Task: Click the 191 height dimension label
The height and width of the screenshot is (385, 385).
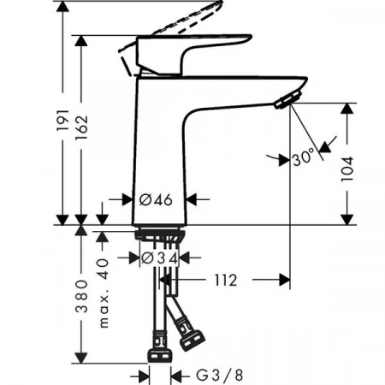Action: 62,120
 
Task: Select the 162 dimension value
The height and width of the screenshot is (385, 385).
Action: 81,127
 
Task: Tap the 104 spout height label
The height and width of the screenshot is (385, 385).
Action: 347,169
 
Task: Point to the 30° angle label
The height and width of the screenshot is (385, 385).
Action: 304,157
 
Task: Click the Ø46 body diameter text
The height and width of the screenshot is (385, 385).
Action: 156,199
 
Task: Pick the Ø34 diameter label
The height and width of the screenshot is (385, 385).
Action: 160,258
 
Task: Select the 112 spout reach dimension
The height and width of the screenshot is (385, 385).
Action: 225,281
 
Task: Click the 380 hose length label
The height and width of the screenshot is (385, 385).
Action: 81,297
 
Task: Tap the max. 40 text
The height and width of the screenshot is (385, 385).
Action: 104,293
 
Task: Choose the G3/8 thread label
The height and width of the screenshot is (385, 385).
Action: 220,376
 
